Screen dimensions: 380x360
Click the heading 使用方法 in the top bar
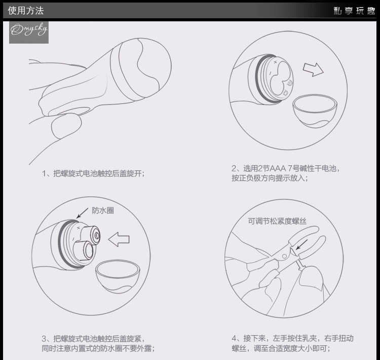(26, 11)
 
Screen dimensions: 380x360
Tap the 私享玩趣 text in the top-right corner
(354, 11)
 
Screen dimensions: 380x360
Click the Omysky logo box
(29, 32)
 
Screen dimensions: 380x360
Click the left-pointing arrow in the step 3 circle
(119, 239)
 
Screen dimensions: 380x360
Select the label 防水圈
(103, 210)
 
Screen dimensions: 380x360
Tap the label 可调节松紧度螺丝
(277, 221)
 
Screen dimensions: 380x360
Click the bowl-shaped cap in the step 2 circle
(315, 111)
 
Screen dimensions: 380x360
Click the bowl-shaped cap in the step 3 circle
(118, 276)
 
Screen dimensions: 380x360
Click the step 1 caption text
(93, 173)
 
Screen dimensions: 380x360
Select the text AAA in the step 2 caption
(277, 168)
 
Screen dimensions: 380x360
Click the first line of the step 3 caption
(93, 338)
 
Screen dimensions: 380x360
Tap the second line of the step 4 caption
(281, 348)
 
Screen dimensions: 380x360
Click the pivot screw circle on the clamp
(285, 256)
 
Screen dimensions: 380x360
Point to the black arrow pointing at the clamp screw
(301, 244)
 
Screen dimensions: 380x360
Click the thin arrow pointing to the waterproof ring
(82, 213)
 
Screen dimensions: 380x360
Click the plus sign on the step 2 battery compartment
(275, 62)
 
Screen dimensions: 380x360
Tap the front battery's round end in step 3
(88, 250)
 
